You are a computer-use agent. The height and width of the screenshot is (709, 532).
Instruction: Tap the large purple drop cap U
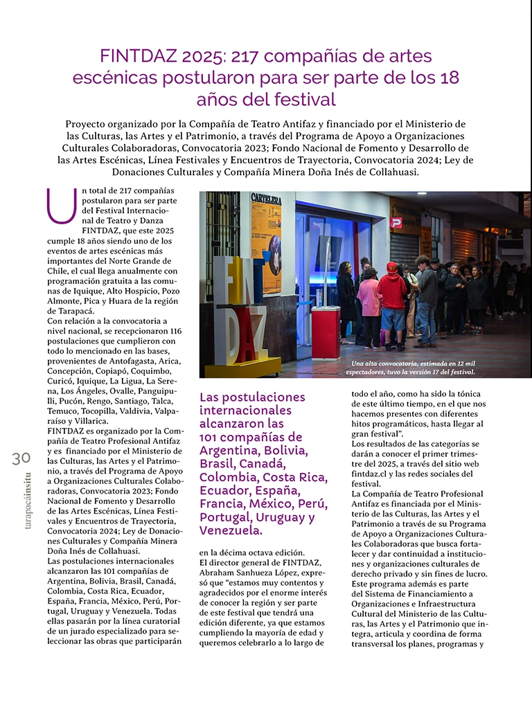click(x=61, y=206)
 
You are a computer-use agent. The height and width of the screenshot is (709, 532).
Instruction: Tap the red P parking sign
click(x=396, y=222)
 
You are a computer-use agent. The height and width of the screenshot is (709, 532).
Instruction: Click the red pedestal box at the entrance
click(x=325, y=332)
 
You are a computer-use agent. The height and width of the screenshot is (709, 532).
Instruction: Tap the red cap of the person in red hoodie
click(x=392, y=267)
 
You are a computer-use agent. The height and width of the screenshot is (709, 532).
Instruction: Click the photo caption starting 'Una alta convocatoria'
click(x=413, y=368)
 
